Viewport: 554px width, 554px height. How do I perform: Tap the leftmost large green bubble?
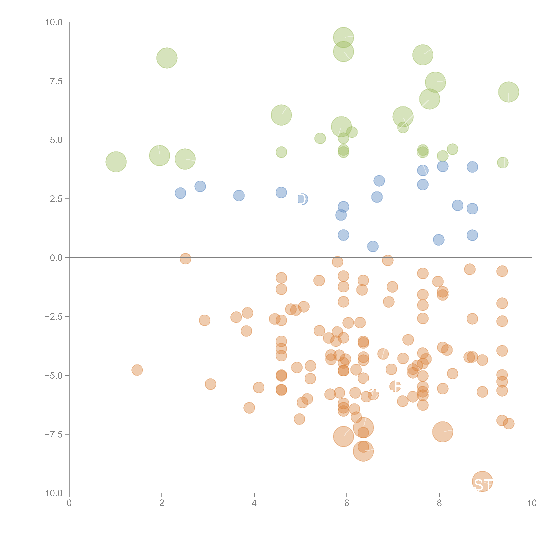point(116,162)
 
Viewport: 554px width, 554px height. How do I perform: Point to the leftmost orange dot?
point(137,370)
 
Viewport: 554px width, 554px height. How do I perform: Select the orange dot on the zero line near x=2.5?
point(185,258)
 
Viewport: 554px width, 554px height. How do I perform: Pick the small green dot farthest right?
point(502,163)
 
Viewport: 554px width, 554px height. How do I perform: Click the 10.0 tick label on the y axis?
point(54,22)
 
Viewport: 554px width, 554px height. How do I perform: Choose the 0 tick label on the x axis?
point(69,503)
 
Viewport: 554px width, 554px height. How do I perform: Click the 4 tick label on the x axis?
point(254,503)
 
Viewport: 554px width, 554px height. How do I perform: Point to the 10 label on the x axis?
point(532,503)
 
